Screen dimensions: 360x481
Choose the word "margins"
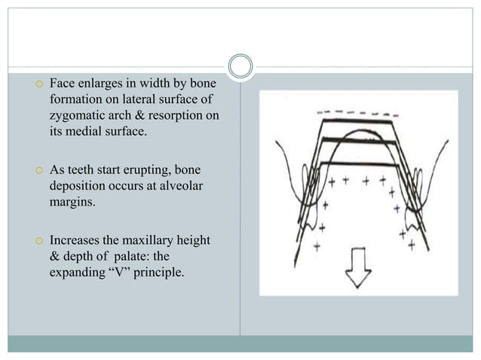click(x=72, y=203)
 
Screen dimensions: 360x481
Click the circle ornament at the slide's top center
click(x=240, y=66)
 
